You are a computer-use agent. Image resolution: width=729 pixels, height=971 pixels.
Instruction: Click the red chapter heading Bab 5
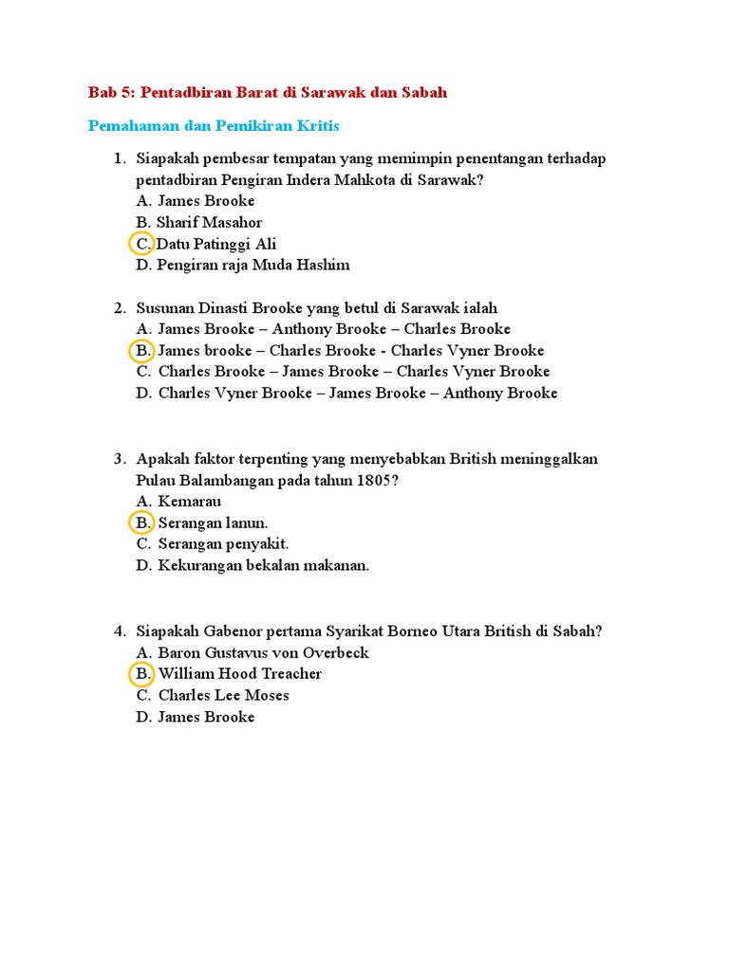[x=267, y=92]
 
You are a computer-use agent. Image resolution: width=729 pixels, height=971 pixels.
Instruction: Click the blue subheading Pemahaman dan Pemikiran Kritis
[x=214, y=125]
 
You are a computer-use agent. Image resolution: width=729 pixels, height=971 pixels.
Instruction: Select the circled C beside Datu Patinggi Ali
[x=141, y=244]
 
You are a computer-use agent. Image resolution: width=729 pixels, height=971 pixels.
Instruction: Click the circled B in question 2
[x=141, y=351]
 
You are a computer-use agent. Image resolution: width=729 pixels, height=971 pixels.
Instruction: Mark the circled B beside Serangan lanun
[x=141, y=522]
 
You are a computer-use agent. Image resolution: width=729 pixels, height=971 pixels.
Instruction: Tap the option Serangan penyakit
[x=223, y=543]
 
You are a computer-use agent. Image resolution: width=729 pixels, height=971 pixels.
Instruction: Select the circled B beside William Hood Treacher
[x=141, y=674]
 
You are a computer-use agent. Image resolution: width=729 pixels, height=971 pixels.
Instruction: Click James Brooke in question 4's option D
[x=206, y=717]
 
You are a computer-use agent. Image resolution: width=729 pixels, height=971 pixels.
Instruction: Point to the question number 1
[x=120, y=158]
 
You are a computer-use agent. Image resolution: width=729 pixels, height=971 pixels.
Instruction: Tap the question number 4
[x=120, y=631]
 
